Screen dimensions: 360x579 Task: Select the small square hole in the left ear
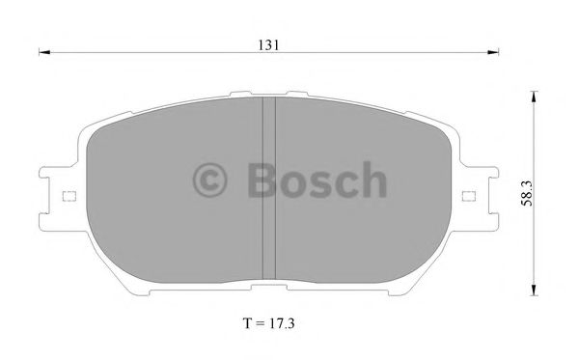[68, 196]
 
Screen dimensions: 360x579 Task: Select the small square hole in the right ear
[470, 196]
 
